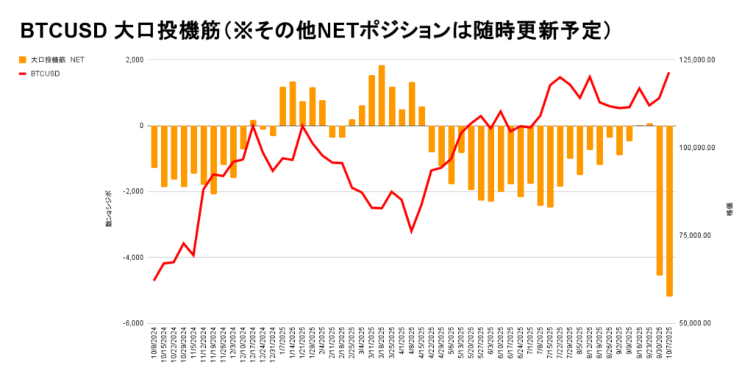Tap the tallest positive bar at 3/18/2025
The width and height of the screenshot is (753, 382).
pyautogui.click(x=382, y=95)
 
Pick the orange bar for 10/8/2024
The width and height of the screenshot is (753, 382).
pyautogui.click(x=154, y=146)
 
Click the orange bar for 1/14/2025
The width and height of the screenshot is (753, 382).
pyautogui.click(x=293, y=104)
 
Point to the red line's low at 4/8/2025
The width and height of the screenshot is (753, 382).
pyautogui.click(x=411, y=231)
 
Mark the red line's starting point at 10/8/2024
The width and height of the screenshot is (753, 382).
pyautogui.click(x=154, y=280)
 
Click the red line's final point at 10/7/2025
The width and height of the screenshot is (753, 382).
pyautogui.click(x=668, y=73)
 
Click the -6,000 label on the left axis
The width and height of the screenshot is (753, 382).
pyautogui.click(x=132, y=323)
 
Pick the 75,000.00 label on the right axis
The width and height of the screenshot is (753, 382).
pyautogui.click(x=697, y=235)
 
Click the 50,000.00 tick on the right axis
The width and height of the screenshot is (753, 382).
pyautogui.click(x=697, y=323)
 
